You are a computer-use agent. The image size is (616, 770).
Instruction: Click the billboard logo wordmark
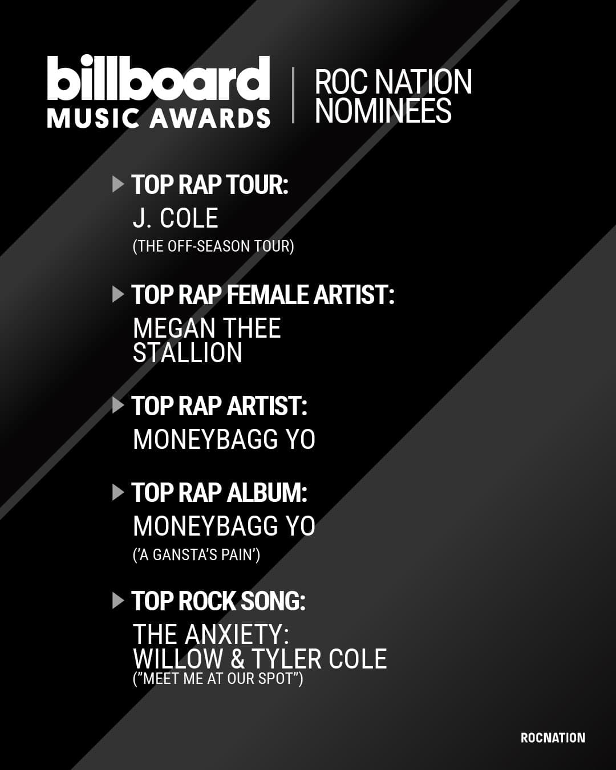coord(159,78)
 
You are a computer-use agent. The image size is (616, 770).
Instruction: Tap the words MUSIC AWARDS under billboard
coord(159,118)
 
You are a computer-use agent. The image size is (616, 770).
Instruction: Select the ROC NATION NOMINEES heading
coord(394,96)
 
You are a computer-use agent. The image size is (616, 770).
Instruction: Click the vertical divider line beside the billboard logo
coord(293,95)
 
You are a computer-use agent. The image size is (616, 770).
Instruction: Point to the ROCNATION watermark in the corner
coord(553,738)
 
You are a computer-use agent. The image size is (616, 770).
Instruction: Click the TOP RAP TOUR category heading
coord(210,185)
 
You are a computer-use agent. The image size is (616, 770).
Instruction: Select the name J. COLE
coord(175,218)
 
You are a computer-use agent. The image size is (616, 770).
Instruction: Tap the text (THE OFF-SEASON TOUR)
coord(213,246)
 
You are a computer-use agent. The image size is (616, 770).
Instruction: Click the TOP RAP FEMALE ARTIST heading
coord(263,295)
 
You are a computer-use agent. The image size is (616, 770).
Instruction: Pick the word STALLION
coord(188,352)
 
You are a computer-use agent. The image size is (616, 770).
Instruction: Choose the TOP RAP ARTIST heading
coord(220,406)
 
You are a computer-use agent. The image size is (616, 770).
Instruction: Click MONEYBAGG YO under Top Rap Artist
coord(224,439)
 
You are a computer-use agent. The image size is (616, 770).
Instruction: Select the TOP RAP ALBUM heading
coord(220,493)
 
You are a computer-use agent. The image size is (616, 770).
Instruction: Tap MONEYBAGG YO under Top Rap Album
coord(224,526)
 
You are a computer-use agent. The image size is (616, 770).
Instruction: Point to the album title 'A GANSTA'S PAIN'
coord(197,555)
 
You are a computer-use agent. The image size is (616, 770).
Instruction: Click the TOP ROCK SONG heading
coord(218,601)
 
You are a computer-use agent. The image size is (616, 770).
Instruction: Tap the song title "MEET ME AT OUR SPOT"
coord(218,678)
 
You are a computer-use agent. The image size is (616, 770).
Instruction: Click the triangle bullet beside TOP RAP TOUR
coord(118,184)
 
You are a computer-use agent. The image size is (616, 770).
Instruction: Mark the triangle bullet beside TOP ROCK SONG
coord(118,601)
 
